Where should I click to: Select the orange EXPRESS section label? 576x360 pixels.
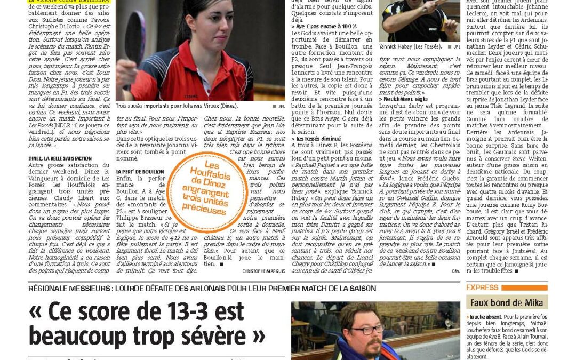click(483, 287)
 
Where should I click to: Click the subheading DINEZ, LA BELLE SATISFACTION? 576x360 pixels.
click(60, 158)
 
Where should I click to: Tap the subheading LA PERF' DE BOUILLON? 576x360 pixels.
click(140, 172)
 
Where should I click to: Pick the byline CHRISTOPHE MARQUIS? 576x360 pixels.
click(265, 271)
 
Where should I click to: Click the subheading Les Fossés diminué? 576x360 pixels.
click(315, 139)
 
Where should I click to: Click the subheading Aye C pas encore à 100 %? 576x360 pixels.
click(324, 26)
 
